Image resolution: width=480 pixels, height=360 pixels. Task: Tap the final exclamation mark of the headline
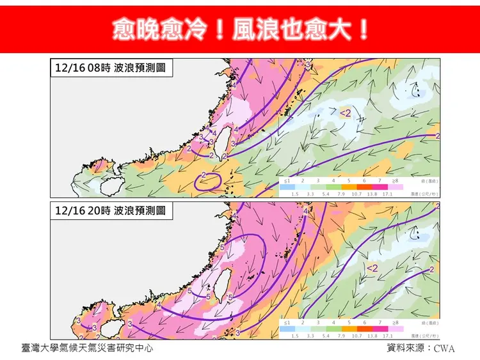tap(363, 29)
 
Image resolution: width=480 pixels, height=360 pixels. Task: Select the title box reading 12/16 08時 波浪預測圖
tap(111, 67)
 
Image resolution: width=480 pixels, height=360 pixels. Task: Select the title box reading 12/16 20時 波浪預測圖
tap(111, 209)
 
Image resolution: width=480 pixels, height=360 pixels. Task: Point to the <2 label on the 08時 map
tap(344, 113)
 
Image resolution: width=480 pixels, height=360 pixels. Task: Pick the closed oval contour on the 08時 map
tap(207, 182)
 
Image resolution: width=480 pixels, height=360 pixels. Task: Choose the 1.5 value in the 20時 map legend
tap(295, 335)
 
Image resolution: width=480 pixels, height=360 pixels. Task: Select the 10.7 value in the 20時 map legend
tap(356, 335)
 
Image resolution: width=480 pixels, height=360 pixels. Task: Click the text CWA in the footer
tap(444, 349)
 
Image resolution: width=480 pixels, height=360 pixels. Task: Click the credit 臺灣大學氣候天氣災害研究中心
tap(87, 348)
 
